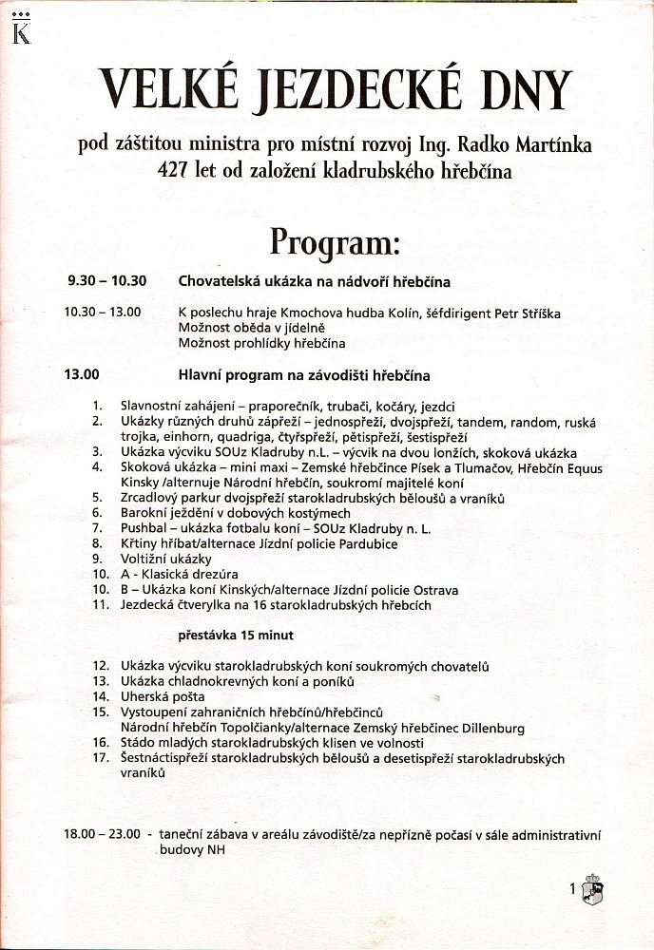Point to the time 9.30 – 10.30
tap(106, 282)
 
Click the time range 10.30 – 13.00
tap(103, 312)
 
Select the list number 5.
tap(97, 498)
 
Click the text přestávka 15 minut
tap(237, 635)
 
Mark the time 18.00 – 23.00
tap(104, 835)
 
